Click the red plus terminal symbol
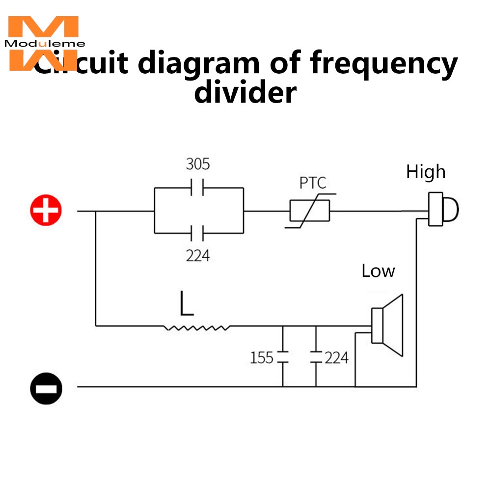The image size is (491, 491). tap(46, 211)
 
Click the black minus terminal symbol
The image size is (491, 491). tap(46, 387)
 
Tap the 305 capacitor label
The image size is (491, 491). tap(198, 164)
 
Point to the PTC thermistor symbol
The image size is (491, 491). tap(309, 212)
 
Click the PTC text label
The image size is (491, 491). tap(313, 183)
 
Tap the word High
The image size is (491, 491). tap(426, 172)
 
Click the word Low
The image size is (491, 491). tap(378, 271)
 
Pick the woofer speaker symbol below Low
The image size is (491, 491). tap(388, 325)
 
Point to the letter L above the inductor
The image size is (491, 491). tap(186, 303)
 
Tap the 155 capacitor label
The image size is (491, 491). tap(261, 357)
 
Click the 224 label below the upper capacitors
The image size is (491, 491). tap(197, 255)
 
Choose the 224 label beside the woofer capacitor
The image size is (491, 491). tap(336, 357)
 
